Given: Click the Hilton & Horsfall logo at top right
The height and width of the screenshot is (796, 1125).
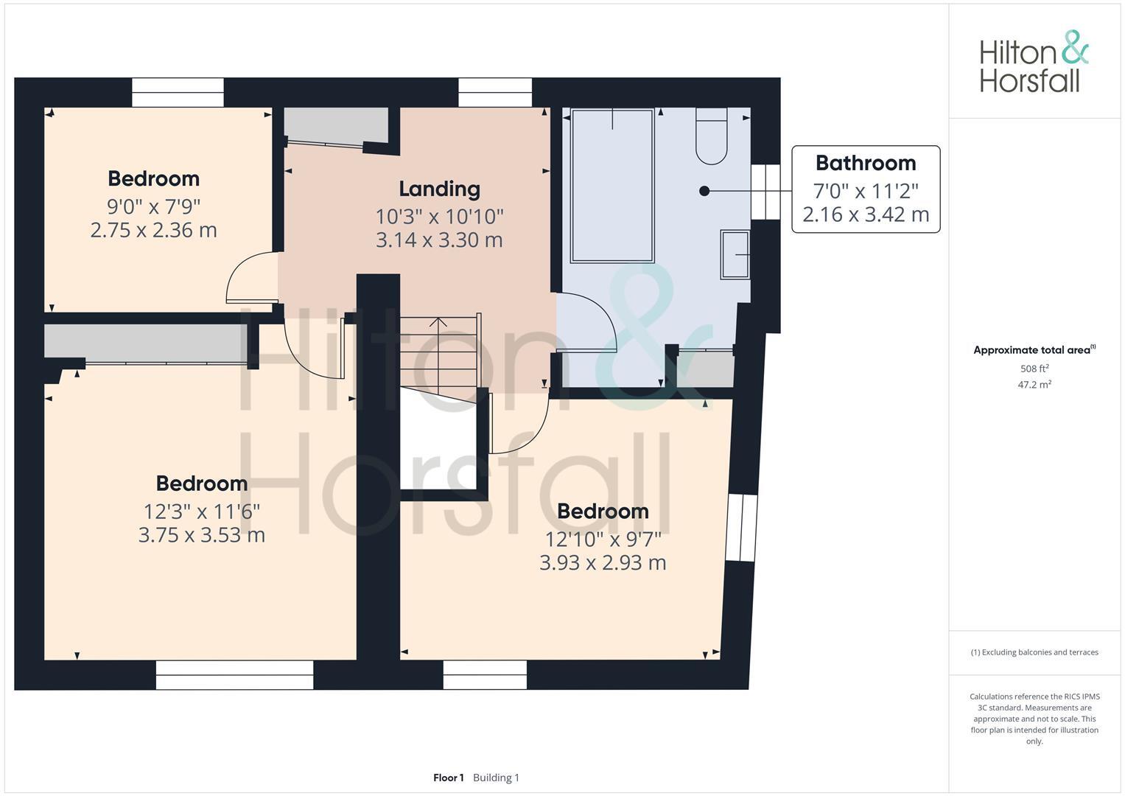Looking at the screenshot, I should [1033, 62].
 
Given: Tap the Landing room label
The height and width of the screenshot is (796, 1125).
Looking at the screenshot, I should [439, 189].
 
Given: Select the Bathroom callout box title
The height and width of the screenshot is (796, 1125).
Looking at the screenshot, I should [865, 163].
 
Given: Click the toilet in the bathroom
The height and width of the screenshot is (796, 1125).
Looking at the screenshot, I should [711, 137].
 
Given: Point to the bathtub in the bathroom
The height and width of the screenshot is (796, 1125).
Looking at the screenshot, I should [611, 186].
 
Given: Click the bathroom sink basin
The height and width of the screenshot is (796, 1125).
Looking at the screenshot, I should [735, 255].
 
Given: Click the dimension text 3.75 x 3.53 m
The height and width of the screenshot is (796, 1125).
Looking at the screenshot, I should [201, 535].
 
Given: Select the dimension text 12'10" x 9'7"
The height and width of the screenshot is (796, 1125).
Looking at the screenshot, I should [603, 540].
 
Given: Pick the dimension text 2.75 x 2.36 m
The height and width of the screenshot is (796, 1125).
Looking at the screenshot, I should [153, 230].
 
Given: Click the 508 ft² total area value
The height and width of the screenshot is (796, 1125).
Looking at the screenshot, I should [1034, 369].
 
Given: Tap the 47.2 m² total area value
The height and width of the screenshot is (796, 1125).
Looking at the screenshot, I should [1034, 385].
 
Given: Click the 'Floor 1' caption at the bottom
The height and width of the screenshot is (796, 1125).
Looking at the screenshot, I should [448, 778].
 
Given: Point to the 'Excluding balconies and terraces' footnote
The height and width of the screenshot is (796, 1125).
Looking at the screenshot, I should [1034, 652].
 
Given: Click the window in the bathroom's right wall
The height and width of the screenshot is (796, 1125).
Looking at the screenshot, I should [765, 192].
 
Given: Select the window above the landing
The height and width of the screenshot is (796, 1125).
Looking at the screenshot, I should [495, 93].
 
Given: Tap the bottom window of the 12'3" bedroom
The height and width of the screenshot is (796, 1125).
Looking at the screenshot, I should [234, 674].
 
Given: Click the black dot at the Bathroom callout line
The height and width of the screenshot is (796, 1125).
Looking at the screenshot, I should [704, 191].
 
